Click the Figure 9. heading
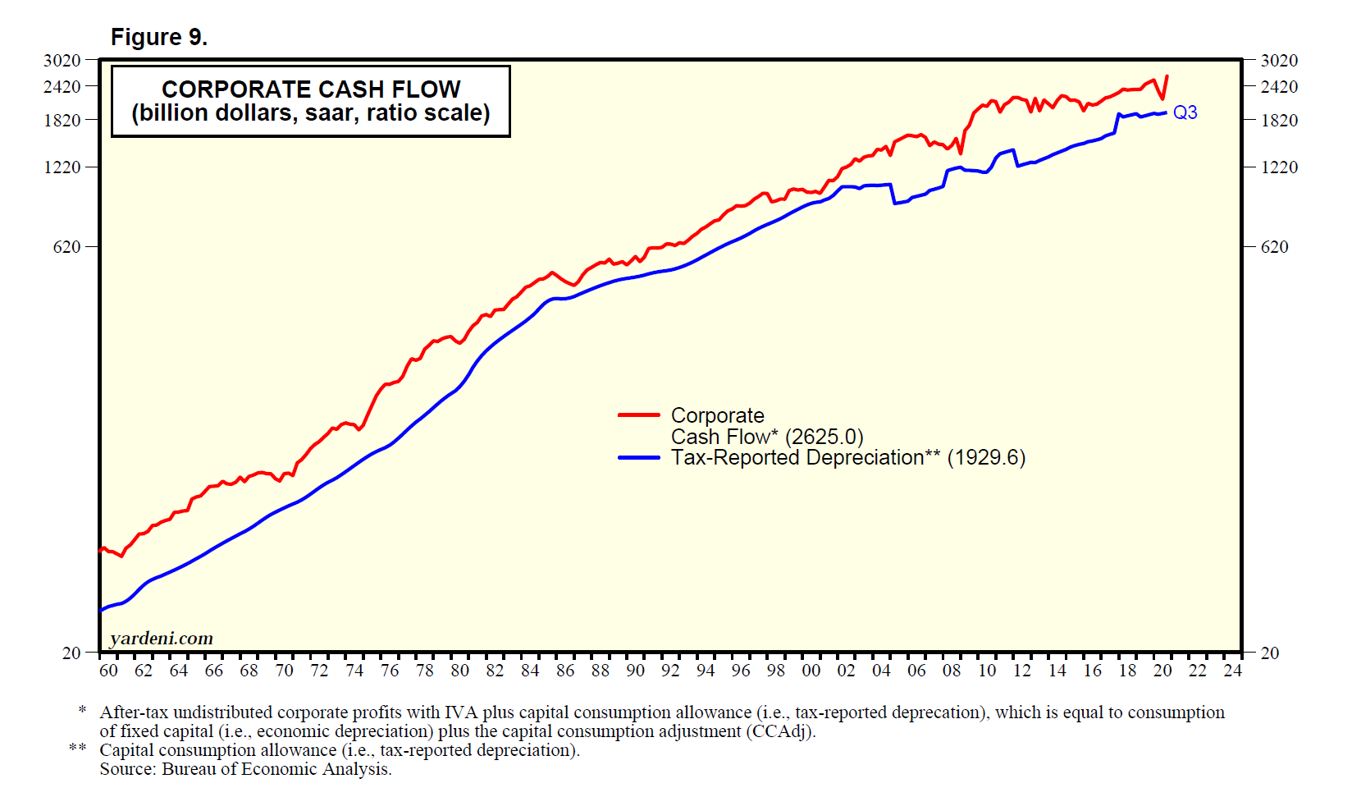(159, 38)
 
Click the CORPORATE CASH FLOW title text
(311, 89)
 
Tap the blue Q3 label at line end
(1185, 112)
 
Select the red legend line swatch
(639, 415)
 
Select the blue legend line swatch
(639, 457)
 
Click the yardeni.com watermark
(162, 638)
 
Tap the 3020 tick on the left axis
(62, 60)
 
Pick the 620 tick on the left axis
(67, 246)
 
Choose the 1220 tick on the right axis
(1279, 167)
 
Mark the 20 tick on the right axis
(1269, 653)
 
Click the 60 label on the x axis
(108, 671)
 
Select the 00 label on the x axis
(811, 671)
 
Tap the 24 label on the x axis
(1232, 671)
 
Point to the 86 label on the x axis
(565, 671)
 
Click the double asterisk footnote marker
(78, 749)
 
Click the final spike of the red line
(1167, 77)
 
